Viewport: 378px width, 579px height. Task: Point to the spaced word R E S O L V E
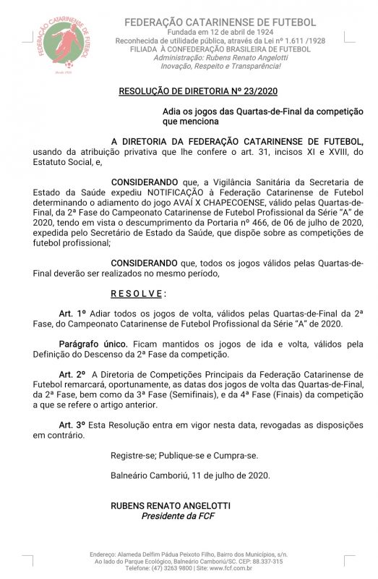pyautogui.click(x=137, y=294)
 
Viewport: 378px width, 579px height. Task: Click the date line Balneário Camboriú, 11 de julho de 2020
pyautogui.click(x=190, y=475)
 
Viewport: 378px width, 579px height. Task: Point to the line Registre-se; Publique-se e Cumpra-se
pyautogui.click(x=184, y=455)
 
